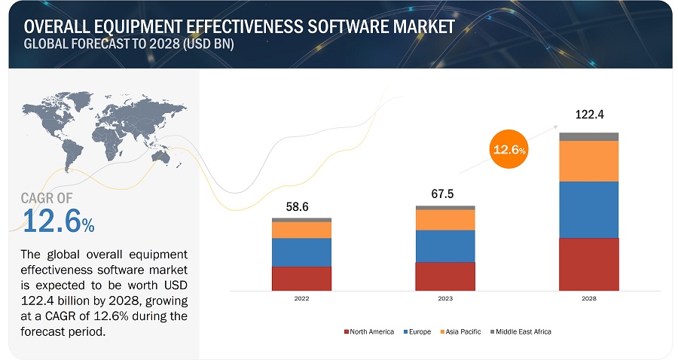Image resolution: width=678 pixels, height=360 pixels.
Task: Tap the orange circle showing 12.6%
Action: [x=509, y=149]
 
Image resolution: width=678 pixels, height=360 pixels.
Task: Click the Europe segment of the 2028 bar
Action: [x=588, y=209]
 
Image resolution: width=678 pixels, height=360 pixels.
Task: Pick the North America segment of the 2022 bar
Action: [x=301, y=278]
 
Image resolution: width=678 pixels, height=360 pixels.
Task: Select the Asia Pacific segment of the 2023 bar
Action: [x=444, y=219]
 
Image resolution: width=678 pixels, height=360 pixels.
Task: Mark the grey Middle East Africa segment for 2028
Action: [x=588, y=136]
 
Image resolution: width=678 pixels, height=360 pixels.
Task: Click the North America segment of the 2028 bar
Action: [x=588, y=264]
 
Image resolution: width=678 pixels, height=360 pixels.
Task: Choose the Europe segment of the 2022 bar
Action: [x=301, y=252]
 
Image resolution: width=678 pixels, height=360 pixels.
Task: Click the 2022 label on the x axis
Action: [x=301, y=299]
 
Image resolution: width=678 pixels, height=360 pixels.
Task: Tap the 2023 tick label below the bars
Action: [x=444, y=299]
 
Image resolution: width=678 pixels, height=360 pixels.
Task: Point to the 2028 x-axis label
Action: [x=588, y=299]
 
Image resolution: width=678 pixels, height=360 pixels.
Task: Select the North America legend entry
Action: [x=369, y=331]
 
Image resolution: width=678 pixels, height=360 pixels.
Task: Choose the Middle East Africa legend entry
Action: [x=523, y=331]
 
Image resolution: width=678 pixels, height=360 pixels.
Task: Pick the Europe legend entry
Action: [x=419, y=331]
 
